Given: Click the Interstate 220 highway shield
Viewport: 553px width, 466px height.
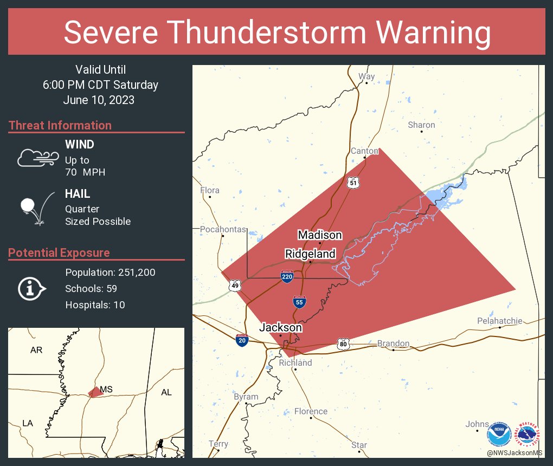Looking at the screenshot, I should click(x=287, y=277).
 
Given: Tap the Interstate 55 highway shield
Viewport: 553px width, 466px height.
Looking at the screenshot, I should click(x=299, y=302).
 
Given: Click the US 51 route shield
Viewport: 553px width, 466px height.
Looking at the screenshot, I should click(x=353, y=183).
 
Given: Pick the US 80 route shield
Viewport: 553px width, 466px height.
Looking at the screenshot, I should click(x=342, y=344).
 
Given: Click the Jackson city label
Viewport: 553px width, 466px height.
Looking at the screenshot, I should click(x=280, y=328).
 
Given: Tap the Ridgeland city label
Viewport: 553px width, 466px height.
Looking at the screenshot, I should click(x=310, y=254).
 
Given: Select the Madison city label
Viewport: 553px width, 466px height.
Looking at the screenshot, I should click(x=320, y=235).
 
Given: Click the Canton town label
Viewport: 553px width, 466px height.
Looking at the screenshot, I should click(x=364, y=151).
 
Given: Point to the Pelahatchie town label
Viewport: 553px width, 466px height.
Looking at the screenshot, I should click(x=499, y=321).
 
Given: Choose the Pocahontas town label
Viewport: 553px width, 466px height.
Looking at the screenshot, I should click(x=223, y=230).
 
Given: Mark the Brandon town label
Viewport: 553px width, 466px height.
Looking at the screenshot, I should click(x=393, y=344).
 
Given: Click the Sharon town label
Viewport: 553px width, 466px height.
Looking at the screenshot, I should click(x=421, y=125).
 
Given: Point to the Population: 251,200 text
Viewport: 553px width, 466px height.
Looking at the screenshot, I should click(x=110, y=273).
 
